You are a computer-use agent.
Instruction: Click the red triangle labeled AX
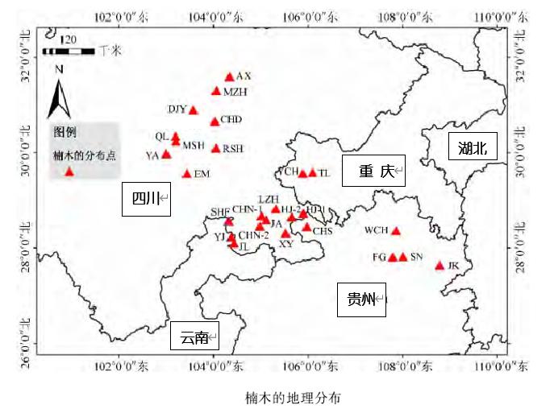[229, 76]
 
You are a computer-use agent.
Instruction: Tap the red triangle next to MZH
[216, 90]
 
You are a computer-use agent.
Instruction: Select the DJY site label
[177, 109]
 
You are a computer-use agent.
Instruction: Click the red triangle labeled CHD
[215, 122]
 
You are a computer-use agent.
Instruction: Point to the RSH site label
[233, 148]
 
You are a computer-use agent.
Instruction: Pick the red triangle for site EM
[187, 173]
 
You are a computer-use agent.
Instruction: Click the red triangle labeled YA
[166, 155]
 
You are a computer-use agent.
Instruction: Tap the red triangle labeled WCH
[395, 230]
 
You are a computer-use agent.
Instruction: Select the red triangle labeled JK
[440, 266]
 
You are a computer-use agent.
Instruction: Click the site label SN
[417, 257]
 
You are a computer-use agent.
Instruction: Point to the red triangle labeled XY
[285, 233]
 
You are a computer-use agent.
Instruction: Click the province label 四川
[146, 199]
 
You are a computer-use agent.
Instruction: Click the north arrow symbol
[59, 93]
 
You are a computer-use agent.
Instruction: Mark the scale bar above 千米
[69, 50]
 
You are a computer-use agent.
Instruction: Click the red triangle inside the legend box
[69, 171]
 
